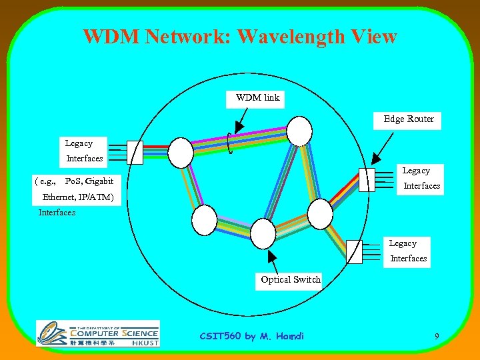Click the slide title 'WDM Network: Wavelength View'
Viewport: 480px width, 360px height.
coord(240,37)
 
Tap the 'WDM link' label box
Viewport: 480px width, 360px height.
coord(258,98)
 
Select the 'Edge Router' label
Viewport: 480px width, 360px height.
coord(409,119)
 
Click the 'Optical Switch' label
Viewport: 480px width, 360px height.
coord(291,280)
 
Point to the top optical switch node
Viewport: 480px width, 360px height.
coord(299,131)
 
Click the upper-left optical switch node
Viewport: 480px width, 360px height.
coord(181,152)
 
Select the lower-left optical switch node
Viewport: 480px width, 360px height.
coord(204,220)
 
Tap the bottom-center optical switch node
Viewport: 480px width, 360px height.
coord(263,233)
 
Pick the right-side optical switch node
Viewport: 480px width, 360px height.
coord(320,213)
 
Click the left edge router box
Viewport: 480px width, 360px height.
coord(135,152)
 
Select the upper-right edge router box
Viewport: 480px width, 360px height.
coord(367,179)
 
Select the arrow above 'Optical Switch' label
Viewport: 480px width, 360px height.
coord(273,261)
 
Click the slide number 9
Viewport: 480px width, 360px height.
coord(437,337)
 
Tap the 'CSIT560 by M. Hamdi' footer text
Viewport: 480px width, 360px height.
coord(251,336)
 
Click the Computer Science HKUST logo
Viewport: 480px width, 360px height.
coord(98,333)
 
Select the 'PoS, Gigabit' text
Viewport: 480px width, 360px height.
coord(89,181)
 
